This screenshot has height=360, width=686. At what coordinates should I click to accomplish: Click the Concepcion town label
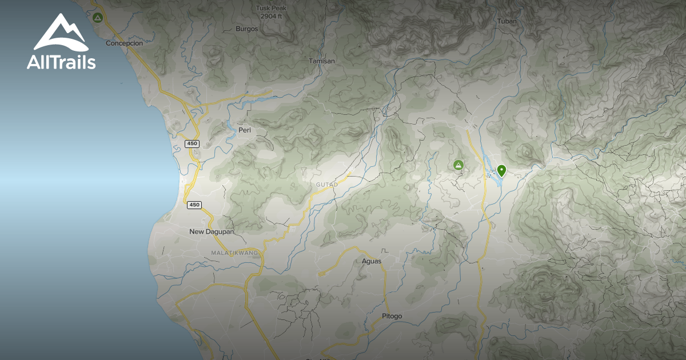[123, 43]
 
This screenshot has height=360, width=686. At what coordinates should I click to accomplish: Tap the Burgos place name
[247, 29]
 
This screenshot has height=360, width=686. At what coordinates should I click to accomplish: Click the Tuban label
[507, 22]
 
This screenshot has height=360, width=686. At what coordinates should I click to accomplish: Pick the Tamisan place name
[321, 61]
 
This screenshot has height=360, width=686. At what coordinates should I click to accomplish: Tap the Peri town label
[245, 130]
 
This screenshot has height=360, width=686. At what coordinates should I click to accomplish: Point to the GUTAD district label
[327, 185]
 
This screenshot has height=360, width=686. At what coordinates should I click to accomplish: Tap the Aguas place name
[372, 261]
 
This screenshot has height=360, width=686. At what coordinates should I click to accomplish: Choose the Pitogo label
[392, 316]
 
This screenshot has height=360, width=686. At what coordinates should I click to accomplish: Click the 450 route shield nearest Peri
[193, 143]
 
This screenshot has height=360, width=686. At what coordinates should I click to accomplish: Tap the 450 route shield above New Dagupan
[194, 205]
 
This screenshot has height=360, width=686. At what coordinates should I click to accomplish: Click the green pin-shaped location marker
[501, 170]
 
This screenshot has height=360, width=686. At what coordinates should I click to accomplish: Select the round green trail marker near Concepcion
[98, 18]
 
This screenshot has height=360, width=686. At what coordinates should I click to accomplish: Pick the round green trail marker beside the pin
[458, 165]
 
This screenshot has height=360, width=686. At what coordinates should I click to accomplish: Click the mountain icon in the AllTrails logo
[61, 33]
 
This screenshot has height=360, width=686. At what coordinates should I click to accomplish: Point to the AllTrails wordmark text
[61, 62]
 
